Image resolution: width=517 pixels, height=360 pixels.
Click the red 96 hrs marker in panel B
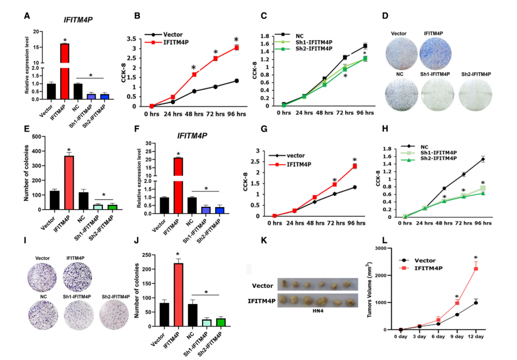(236, 48)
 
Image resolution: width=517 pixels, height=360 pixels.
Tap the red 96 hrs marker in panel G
(355, 166)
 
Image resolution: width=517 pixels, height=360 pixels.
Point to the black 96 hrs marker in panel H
(483, 159)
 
